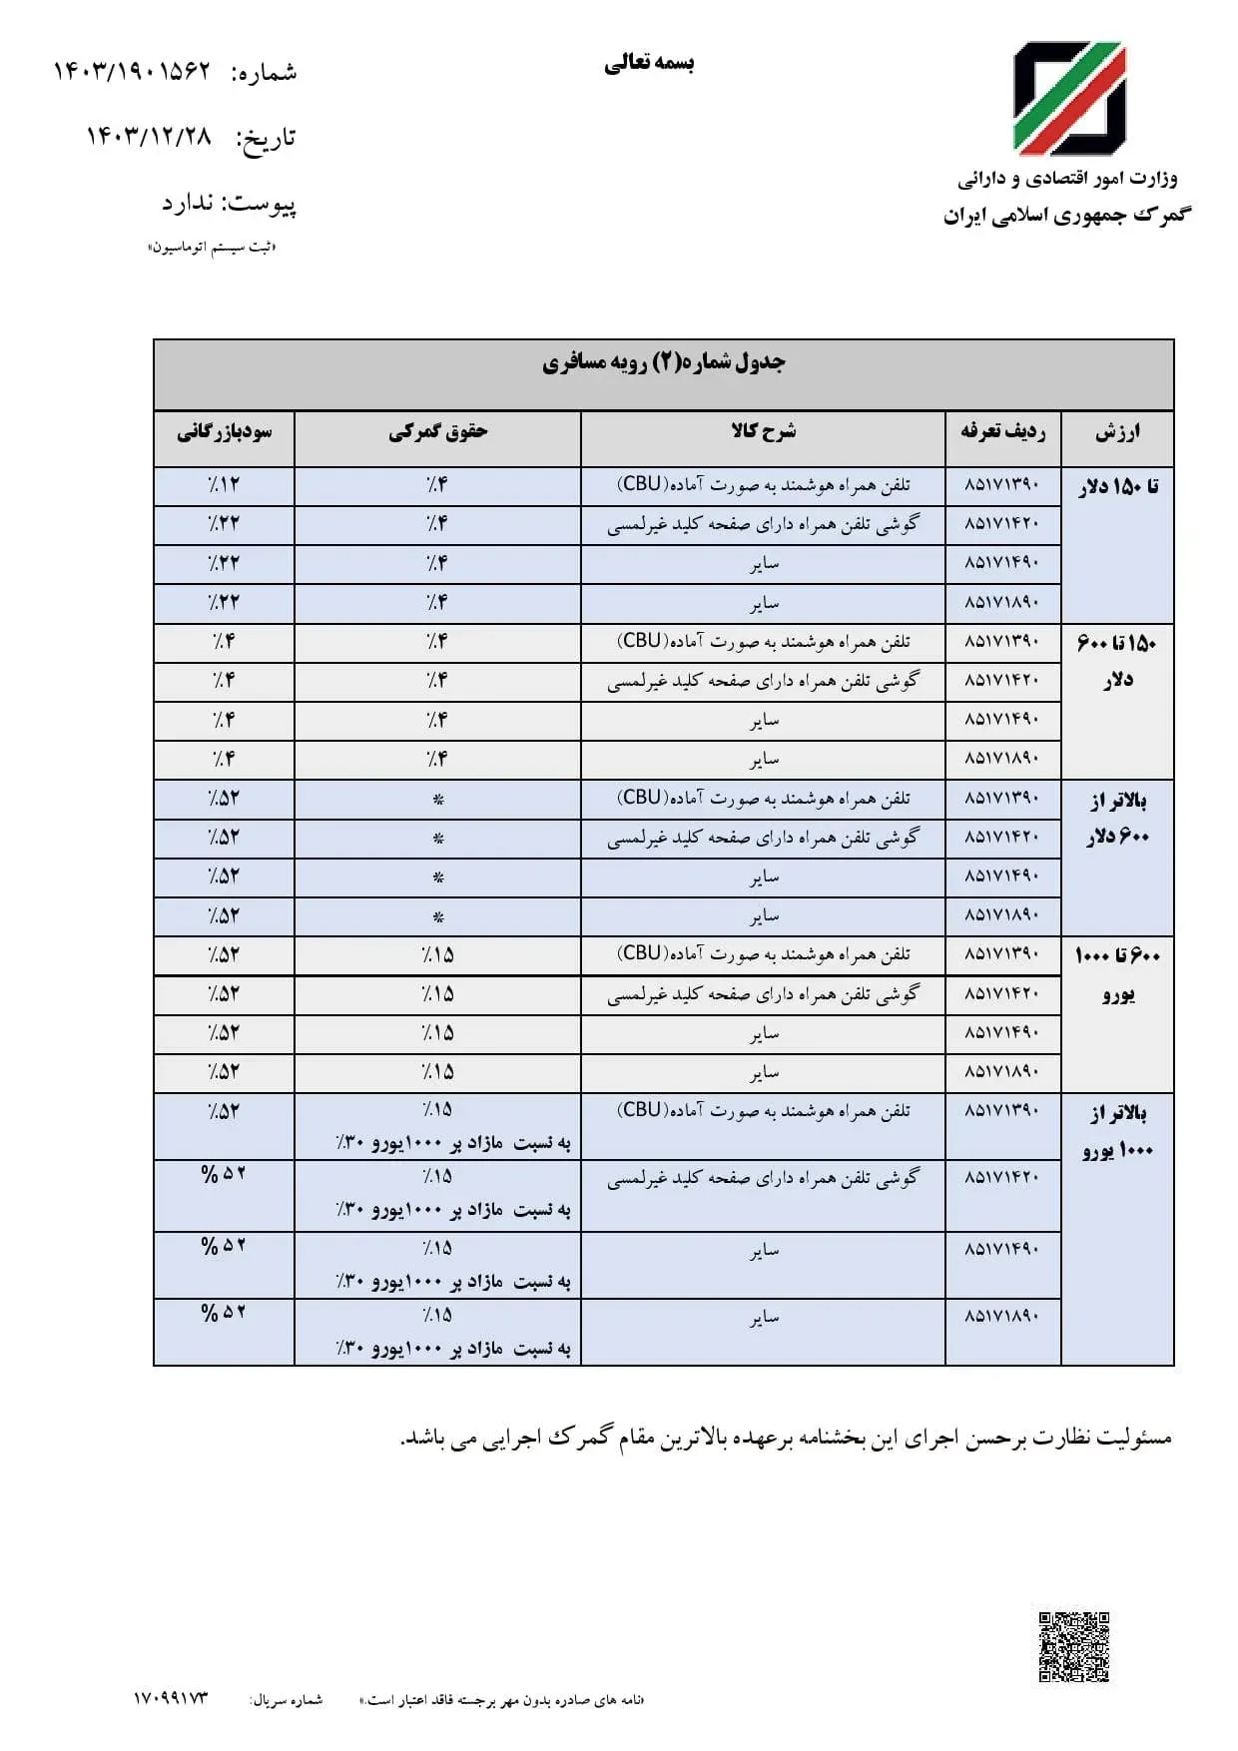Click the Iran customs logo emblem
1069,98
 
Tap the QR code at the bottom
1073,1647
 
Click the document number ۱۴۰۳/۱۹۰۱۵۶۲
132,71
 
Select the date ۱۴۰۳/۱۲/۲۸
149,136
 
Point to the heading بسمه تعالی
649,63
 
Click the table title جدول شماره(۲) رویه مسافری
664,362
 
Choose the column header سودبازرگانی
224,432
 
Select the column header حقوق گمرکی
437,432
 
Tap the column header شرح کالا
763,432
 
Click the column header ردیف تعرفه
1002,432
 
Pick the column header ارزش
1117,433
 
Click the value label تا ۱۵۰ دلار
1118,487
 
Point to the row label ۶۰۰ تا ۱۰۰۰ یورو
1118,974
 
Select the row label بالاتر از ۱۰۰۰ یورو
1118,1131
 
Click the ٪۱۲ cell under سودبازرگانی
224,485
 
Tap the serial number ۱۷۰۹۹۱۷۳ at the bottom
171,1698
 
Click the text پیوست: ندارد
230,204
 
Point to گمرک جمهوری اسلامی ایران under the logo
1067,216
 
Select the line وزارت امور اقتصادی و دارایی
1067,180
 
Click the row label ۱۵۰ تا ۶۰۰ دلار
1118,661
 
